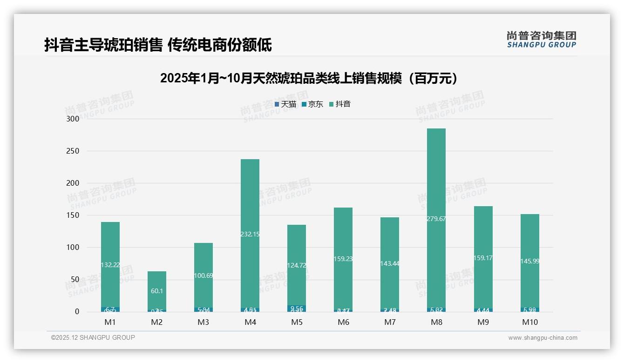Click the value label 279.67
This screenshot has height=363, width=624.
[x=436, y=219]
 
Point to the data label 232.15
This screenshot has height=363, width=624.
[x=250, y=234]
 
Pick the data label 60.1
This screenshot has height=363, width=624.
[x=157, y=291]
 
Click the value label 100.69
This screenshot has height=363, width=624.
[x=203, y=276]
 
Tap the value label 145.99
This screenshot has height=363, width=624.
[x=530, y=261]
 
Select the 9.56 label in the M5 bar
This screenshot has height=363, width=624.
[x=297, y=308]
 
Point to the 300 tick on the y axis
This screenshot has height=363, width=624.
[x=72, y=119]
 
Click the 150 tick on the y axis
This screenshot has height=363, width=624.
[x=72, y=215]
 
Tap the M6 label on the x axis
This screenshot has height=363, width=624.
[x=343, y=322]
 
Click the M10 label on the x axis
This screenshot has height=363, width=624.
[x=530, y=322]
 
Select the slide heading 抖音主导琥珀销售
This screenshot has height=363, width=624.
[x=158, y=45]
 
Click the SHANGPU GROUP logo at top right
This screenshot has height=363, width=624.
[x=541, y=40]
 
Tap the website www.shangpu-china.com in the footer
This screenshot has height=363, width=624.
[x=543, y=338]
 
